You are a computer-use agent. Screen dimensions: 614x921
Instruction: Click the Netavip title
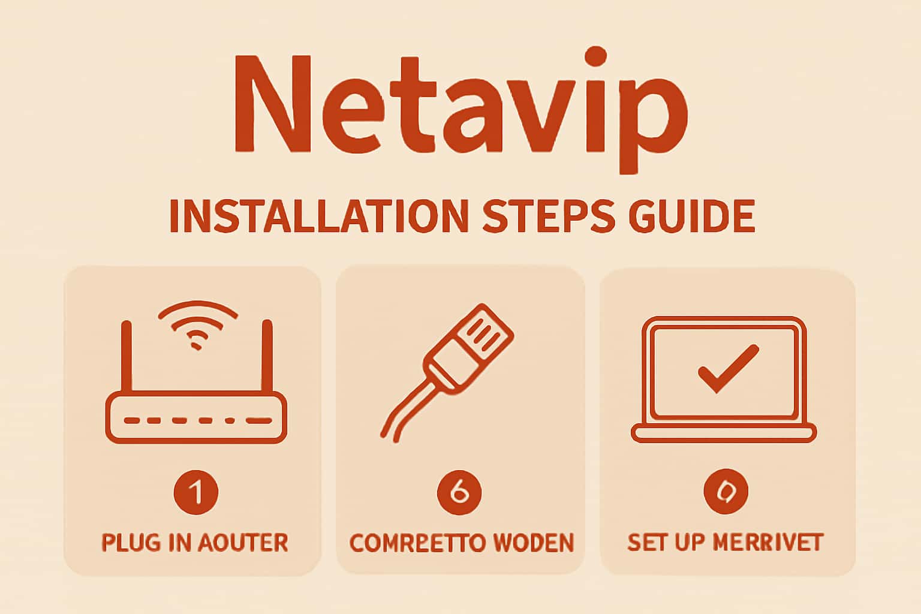[460, 108]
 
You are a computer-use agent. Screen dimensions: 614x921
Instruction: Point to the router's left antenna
[127, 357]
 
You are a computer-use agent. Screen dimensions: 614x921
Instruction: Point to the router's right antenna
[267, 357]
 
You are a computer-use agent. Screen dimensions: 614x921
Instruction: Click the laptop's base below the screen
[724, 432]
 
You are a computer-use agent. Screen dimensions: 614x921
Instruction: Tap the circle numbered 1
[196, 492]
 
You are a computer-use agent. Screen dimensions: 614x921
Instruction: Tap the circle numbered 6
[459, 492]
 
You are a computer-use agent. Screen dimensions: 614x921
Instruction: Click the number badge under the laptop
[726, 492]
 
